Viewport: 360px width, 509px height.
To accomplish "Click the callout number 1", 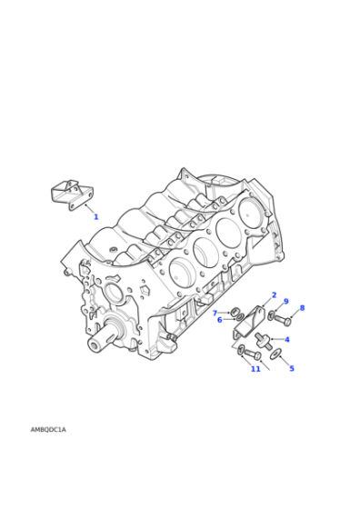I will coord(95,217).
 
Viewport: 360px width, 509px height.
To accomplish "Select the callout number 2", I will coord(274,294).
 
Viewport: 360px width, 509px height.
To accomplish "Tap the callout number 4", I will coord(287,340).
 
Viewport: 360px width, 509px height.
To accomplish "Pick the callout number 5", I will coord(292,368).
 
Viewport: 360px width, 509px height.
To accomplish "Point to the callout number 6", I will coord(219,320).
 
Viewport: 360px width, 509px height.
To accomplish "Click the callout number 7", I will coord(215,313).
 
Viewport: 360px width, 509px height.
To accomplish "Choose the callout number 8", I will coord(302,308).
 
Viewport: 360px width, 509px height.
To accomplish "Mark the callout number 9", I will coord(285,302).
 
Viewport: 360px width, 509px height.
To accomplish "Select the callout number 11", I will coord(255,369).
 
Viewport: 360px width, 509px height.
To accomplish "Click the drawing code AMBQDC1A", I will coord(48,430).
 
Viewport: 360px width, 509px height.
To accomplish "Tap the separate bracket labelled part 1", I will coord(71,195).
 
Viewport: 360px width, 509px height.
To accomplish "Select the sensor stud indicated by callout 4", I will coord(265,341).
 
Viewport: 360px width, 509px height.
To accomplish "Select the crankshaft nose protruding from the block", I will coord(100,344).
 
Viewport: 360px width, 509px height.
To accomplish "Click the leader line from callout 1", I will coord(89,209).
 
